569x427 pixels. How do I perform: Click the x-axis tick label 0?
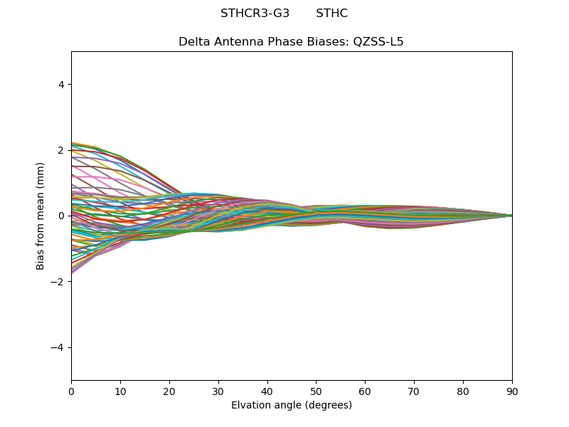tap(71, 391)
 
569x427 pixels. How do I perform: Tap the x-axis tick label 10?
tap(120, 391)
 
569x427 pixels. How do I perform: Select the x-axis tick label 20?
tap(169, 391)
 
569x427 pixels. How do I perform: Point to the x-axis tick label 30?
tap(218, 391)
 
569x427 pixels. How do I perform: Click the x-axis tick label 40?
tap(267, 391)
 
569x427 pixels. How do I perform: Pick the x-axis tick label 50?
tap(316, 391)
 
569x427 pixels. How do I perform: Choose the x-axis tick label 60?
tap(365, 391)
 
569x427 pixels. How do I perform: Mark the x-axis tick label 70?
tap(414, 391)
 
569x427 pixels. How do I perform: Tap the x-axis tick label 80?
tap(463, 391)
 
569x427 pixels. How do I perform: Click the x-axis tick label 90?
tap(512, 391)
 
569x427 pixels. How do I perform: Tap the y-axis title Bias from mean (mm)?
tap(41, 216)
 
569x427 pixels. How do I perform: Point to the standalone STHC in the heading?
tap(331, 14)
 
